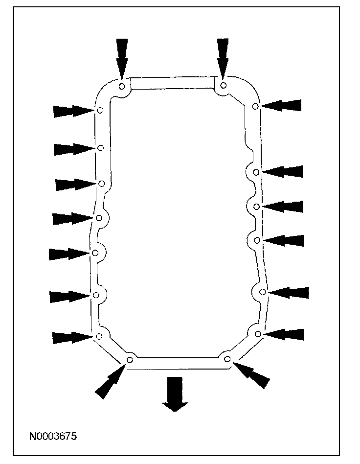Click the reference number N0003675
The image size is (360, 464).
(x=53, y=435)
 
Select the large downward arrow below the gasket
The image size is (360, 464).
(x=174, y=394)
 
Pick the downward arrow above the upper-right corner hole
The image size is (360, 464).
(x=223, y=57)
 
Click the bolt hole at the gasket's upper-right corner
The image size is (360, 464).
(x=223, y=85)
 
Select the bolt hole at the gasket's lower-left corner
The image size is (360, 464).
(x=130, y=360)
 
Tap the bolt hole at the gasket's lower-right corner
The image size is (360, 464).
(x=227, y=359)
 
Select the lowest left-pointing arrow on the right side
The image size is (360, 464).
(x=284, y=334)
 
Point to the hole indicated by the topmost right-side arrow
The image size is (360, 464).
(x=255, y=106)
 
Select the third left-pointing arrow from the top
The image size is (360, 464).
(x=283, y=206)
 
